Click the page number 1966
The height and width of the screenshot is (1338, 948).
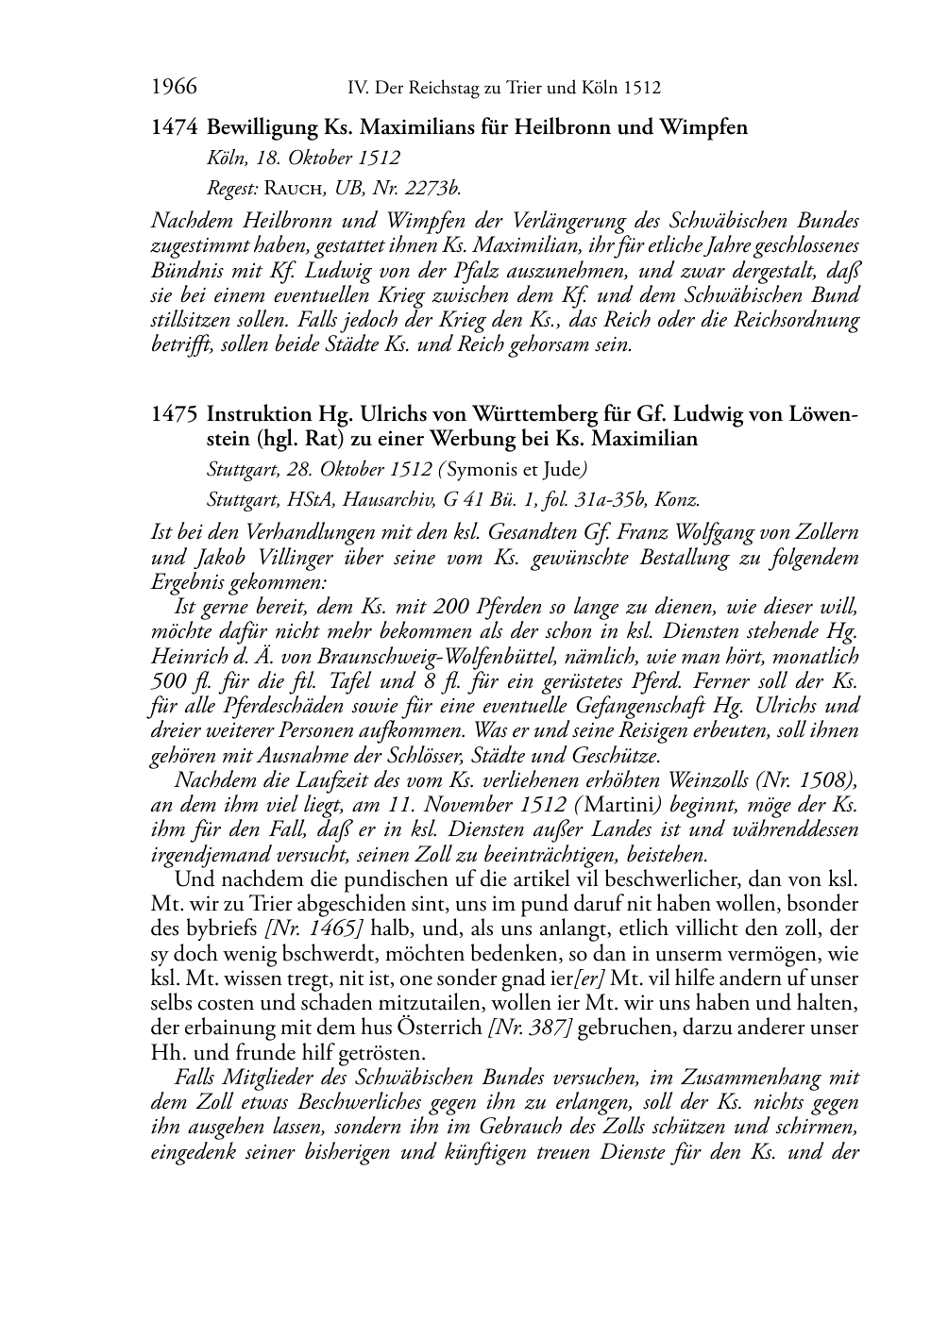pos(174,88)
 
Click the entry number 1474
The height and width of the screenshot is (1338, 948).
pos(174,126)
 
